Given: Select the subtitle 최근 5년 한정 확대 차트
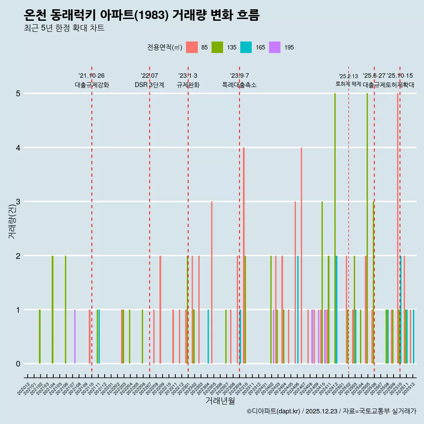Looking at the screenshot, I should (x=64, y=29).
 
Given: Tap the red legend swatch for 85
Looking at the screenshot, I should (x=192, y=47).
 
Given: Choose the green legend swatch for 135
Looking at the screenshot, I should (x=217, y=47).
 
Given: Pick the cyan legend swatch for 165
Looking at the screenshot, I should (x=246, y=47).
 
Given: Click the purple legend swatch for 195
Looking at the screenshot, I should (x=274, y=47).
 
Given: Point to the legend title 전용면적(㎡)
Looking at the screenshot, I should (x=165, y=47).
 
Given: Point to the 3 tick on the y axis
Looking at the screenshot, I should (x=18, y=202).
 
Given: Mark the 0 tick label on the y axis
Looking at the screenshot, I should (x=18, y=364).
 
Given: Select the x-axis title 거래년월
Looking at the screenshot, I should (x=220, y=401).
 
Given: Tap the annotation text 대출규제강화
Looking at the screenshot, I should (x=91, y=85).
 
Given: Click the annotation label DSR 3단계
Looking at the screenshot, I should (x=149, y=85).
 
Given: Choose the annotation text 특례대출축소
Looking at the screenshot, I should (x=239, y=85).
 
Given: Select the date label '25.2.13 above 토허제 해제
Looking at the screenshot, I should (x=348, y=76).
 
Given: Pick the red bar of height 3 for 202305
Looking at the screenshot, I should (x=212, y=283).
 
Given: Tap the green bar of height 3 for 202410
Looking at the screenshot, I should (x=322, y=283).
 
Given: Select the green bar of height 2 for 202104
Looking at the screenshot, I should (x=53, y=310).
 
